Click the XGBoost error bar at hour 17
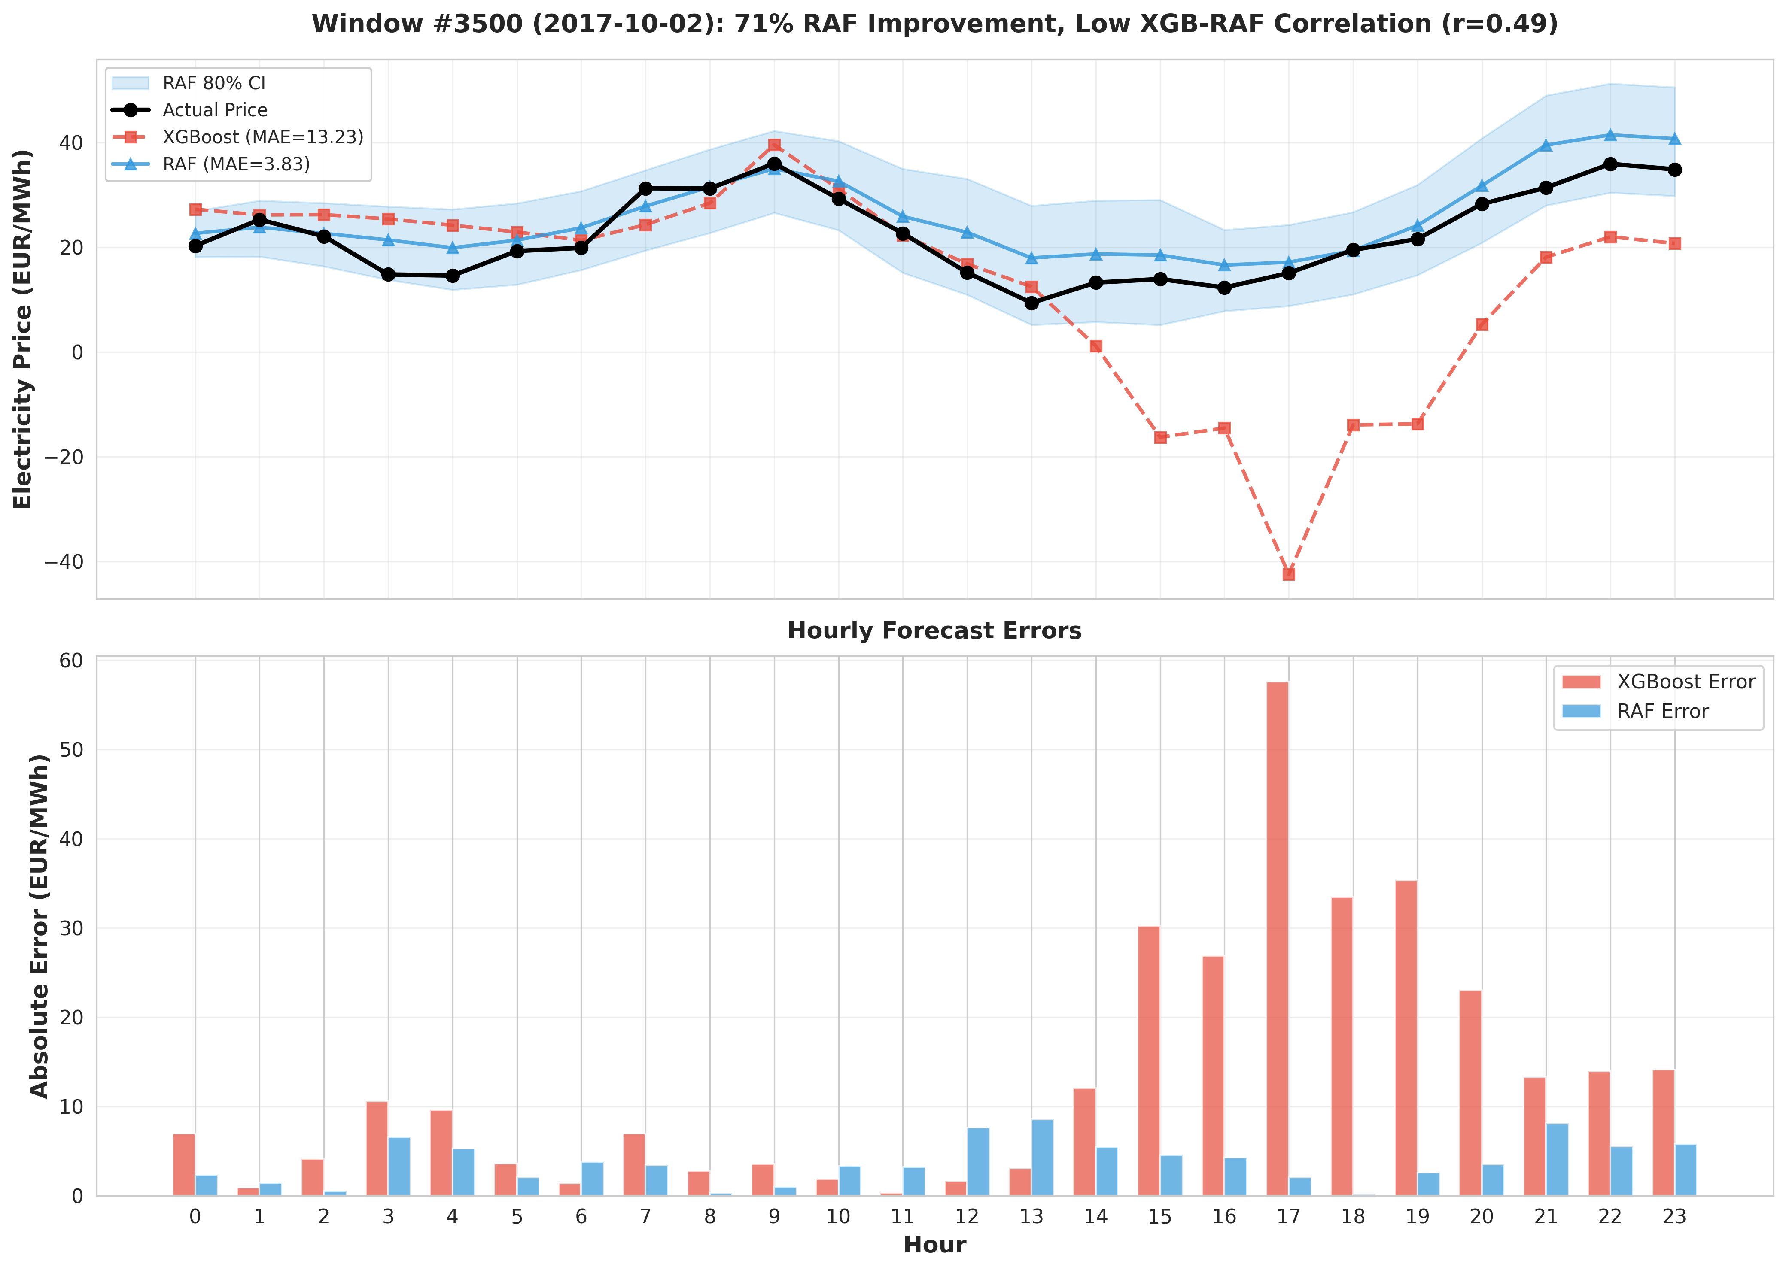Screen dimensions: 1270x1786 (1277, 938)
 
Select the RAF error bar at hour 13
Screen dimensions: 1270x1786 (1042, 1158)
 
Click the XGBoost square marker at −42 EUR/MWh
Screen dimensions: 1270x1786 (1288, 574)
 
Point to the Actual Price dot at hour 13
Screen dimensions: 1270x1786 (1031, 303)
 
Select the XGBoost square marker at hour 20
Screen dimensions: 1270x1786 (1482, 324)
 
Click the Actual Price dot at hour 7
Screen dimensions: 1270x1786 (645, 188)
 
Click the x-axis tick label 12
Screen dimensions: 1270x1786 (967, 1217)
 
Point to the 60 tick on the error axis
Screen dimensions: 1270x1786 (71, 661)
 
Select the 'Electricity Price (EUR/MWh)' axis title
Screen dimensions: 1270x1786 (24, 328)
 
